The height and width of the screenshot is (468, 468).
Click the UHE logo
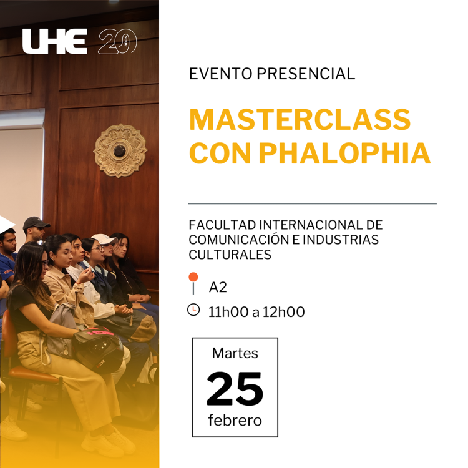[x=55, y=41]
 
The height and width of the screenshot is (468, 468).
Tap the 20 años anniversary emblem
[x=117, y=41]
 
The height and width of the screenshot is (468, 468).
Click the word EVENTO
[x=221, y=74]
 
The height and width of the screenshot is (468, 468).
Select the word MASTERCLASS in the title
[x=300, y=119]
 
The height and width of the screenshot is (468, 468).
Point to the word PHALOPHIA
[x=344, y=153]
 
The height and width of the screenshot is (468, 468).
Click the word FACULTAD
[x=222, y=225]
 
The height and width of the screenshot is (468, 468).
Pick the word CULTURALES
[x=230, y=255]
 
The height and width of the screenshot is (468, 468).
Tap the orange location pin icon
[x=193, y=283]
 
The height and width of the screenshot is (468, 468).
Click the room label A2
[x=218, y=287]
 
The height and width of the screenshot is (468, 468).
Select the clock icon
[x=193, y=310]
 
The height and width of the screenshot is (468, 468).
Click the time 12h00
[x=283, y=312]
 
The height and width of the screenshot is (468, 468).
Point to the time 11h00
[x=228, y=312]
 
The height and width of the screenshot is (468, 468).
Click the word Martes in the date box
[x=235, y=353]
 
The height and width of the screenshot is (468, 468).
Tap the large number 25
[x=235, y=389]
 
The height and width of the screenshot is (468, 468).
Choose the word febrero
[x=235, y=420]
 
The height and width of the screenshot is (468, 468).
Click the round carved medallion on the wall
[x=120, y=150]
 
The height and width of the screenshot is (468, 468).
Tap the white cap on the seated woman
[x=104, y=239]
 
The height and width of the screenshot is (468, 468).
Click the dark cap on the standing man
[x=36, y=222]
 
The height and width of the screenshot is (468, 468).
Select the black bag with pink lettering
[x=98, y=348]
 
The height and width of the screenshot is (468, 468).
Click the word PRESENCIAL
[x=306, y=74]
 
